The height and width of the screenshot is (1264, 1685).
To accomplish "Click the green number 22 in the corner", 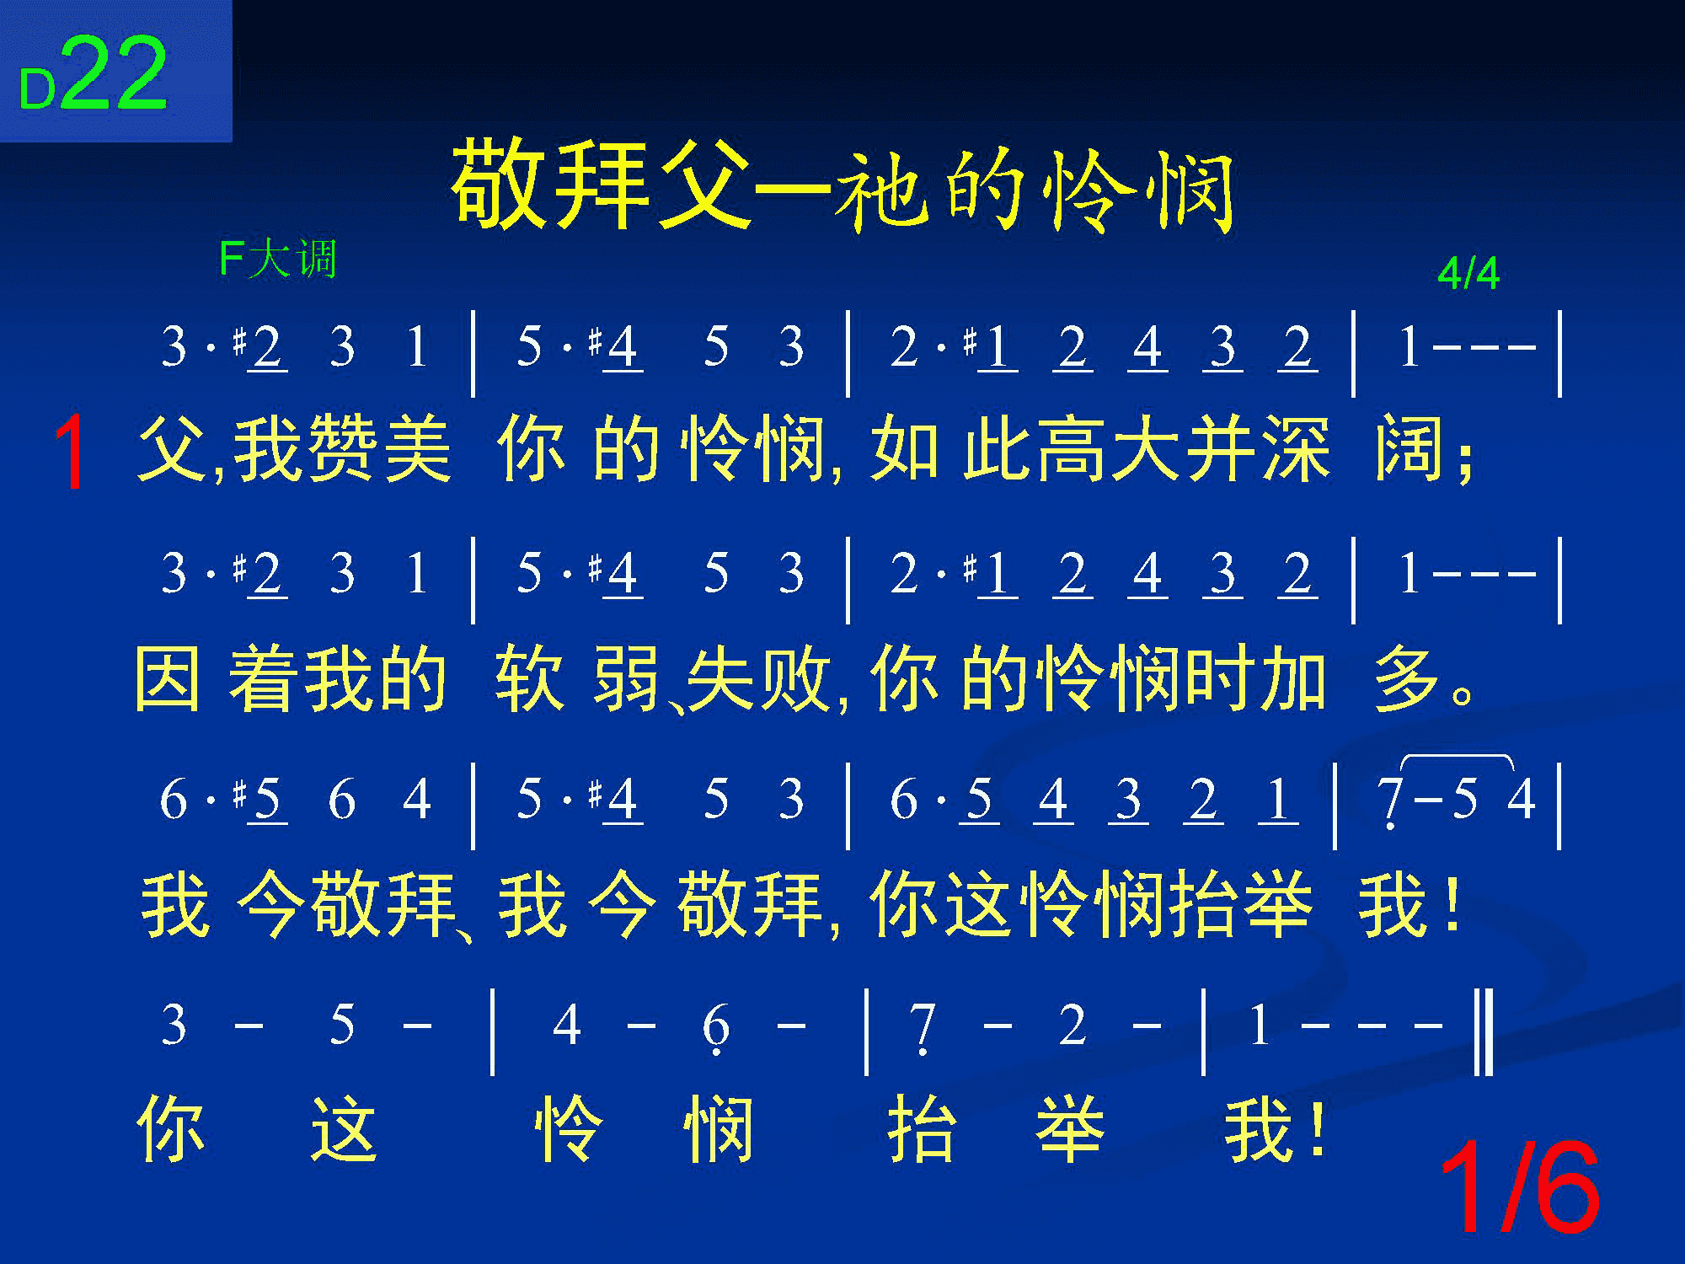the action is click(x=115, y=74).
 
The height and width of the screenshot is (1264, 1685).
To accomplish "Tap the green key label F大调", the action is click(x=278, y=259).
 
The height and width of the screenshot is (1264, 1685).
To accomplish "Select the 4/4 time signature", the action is click(x=1468, y=274).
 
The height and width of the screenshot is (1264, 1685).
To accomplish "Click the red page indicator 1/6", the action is click(x=1520, y=1188).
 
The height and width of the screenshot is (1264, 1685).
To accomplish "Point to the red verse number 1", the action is click(x=71, y=453).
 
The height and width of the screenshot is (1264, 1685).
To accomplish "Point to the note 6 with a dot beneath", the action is click(x=715, y=1028).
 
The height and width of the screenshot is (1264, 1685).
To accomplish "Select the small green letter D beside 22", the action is click(x=37, y=89).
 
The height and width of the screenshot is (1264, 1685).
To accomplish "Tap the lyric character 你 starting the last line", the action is click(x=170, y=1127).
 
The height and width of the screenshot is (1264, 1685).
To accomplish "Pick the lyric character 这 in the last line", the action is click(x=344, y=1127).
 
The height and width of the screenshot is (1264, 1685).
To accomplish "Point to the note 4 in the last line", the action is click(x=566, y=1026).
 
